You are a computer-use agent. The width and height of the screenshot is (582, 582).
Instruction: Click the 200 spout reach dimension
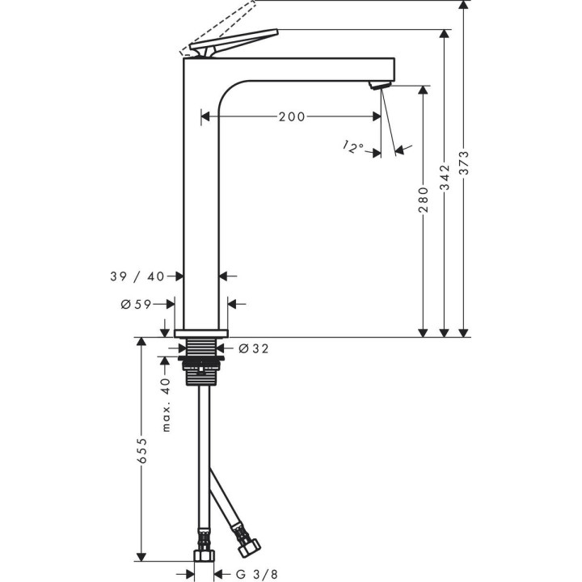point(292,116)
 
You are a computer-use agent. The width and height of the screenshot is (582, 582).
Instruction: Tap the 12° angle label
point(352,146)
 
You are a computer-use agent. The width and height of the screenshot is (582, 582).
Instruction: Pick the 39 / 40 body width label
point(137,276)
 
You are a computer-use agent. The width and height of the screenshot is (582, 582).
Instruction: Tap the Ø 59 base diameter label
point(137,304)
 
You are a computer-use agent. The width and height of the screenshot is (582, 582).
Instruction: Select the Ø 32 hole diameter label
point(255,349)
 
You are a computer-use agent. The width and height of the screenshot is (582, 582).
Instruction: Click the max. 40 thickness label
point(166,404)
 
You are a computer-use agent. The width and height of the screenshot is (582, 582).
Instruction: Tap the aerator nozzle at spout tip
point(379,86)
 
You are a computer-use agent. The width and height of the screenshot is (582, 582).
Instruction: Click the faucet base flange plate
point(201,332)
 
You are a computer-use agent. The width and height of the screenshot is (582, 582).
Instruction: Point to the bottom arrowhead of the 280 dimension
point(423,332)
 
